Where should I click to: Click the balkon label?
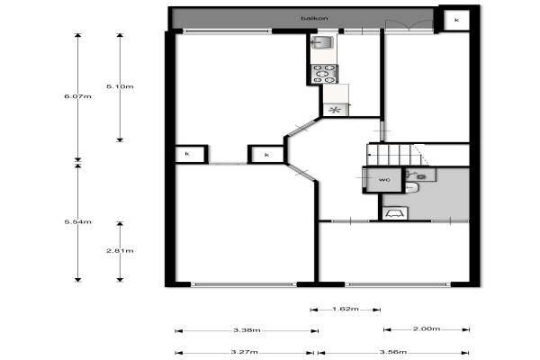pyautogui.click(x=314, y=18)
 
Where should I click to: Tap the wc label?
pyautogui.click(x=384, y=180)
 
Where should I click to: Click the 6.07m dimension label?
pyautogui.click(x=77, y=96)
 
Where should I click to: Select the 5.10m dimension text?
pyautogui.click(x=120, y=86)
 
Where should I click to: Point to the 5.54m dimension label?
pyautogui.click(x=77, y=222)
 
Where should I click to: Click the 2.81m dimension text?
pyautogui.click(x=120, y=251)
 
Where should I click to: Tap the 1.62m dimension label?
pyautogui.click(x=346, y=309)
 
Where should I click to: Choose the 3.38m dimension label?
pyautogui.click(x=247, y=330)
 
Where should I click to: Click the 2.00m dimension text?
pyautogui.click(x=427, y=328)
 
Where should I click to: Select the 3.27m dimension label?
pyautogui.click(x=244, y=352)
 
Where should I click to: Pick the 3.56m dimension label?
pyautogui.click(x=393, y=352)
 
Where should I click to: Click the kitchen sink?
pyautogui.click(x=321, y=42)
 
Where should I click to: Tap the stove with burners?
pyautogui.click(x=324, y=74)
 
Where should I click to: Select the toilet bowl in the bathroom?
pyautogui.click(x=411, y=187)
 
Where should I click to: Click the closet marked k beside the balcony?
pyautogui.click(x=456, y=21)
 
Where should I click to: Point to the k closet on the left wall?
pyautogui.click(x=188, y=154)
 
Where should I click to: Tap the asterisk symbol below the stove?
pyautogui.click(x=335, y=110)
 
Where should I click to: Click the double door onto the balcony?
pyautogui.click(x=409, y=26)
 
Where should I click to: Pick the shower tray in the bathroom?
pyautogui.click(x=395, y=213)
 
